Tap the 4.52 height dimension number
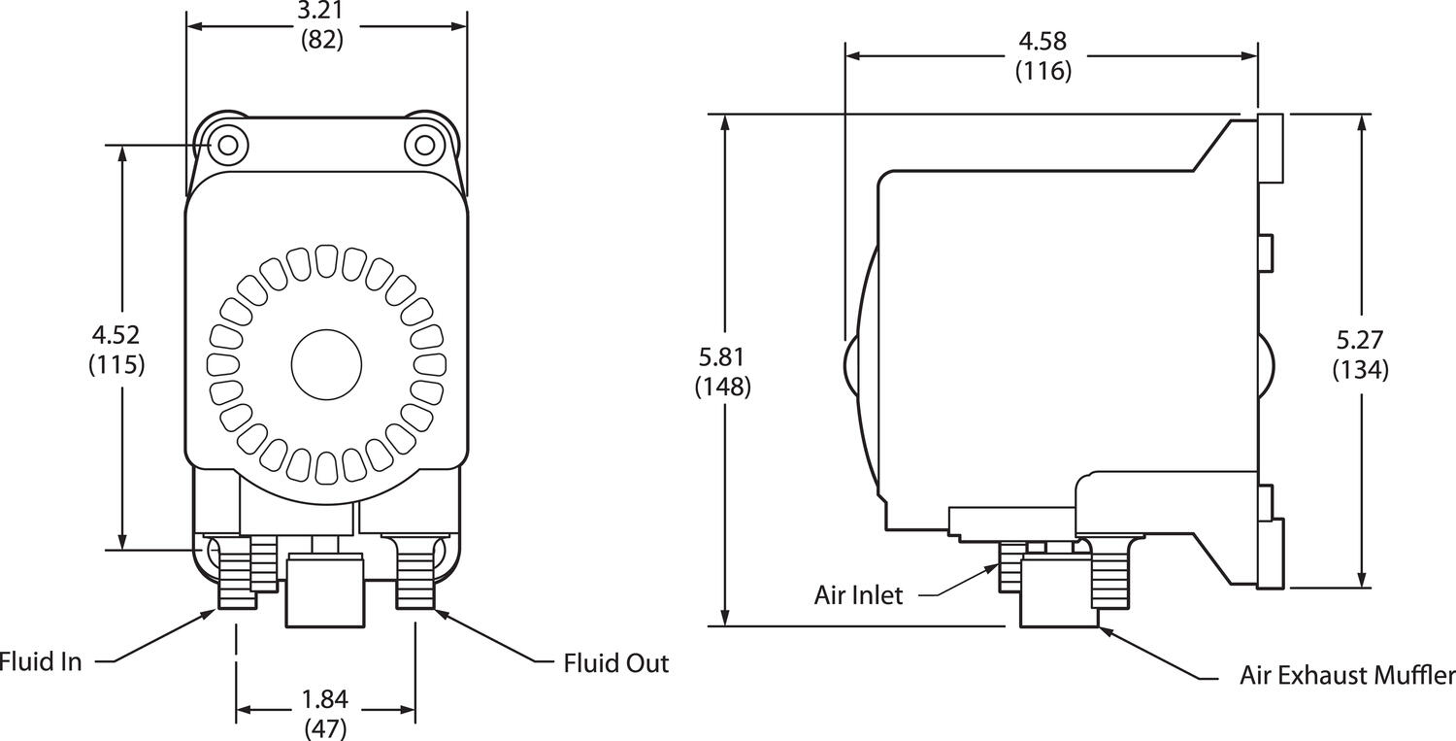(116, 335)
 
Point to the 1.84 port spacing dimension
(326, 699)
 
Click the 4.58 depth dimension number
(1043, 41)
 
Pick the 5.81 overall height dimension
(723, 356)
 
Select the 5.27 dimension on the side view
(1360, 340)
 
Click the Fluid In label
(41, 662)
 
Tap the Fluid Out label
(616, 663)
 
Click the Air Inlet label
(858, 595)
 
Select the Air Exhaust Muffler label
(1347, 676)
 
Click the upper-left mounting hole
(228, 146)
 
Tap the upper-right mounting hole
(424, 146)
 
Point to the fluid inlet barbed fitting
(236, 578)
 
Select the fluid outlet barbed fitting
(415, 578)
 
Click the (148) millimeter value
(723, 387)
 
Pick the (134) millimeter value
(1360, 370)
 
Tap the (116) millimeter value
(1043, 71)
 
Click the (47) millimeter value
(326, 728)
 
